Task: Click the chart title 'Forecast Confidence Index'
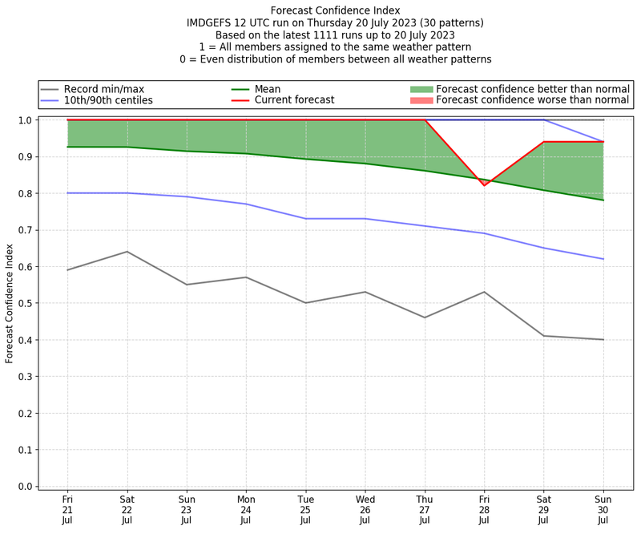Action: click(x=334, y=10)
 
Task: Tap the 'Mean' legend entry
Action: click(x=266, y=89)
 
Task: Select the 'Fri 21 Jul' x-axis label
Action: click(x=67, y=508)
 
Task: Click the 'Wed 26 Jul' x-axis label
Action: click(x=365, y=508)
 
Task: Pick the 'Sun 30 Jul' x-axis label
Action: click(x=603, y=508)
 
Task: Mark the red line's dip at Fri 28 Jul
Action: click(x=484, y=185)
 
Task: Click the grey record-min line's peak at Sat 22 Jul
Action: click(x=127, y=252)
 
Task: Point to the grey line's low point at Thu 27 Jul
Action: click(x=425, y=318)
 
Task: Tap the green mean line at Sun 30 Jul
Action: click(x=603, y=200)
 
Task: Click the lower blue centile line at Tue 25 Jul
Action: click(x=305, y=218)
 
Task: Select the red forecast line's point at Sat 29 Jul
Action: click(x=544, y=142)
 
